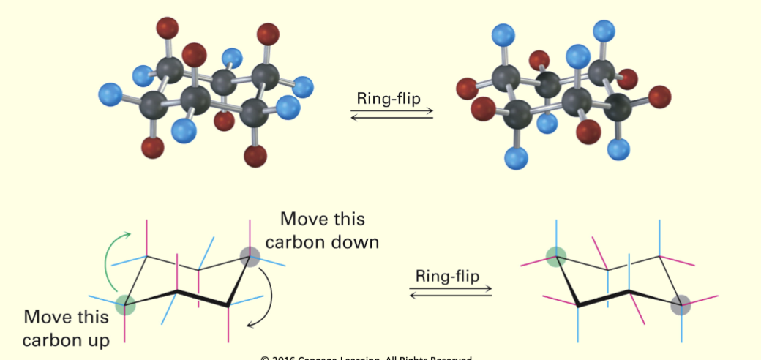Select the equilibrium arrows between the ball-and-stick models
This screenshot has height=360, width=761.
[391, 114]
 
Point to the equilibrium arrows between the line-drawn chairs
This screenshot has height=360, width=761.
[449, 292]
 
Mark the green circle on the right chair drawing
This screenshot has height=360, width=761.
[557, 256]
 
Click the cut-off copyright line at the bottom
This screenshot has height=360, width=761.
[365, 357]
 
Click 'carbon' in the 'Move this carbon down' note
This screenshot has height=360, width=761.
[301, 241]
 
